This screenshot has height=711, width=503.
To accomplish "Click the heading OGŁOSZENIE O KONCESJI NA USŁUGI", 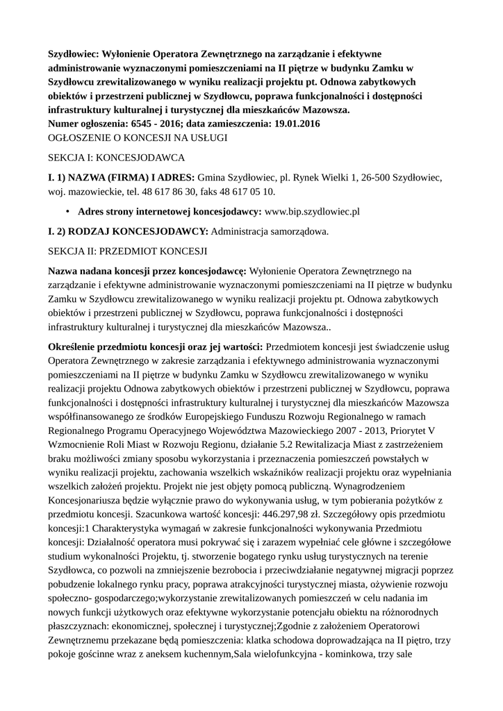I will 137,138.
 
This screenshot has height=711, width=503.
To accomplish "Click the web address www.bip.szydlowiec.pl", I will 312,211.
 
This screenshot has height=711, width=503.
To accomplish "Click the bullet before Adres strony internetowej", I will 67,211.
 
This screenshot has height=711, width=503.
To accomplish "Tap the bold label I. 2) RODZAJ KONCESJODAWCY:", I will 127,231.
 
